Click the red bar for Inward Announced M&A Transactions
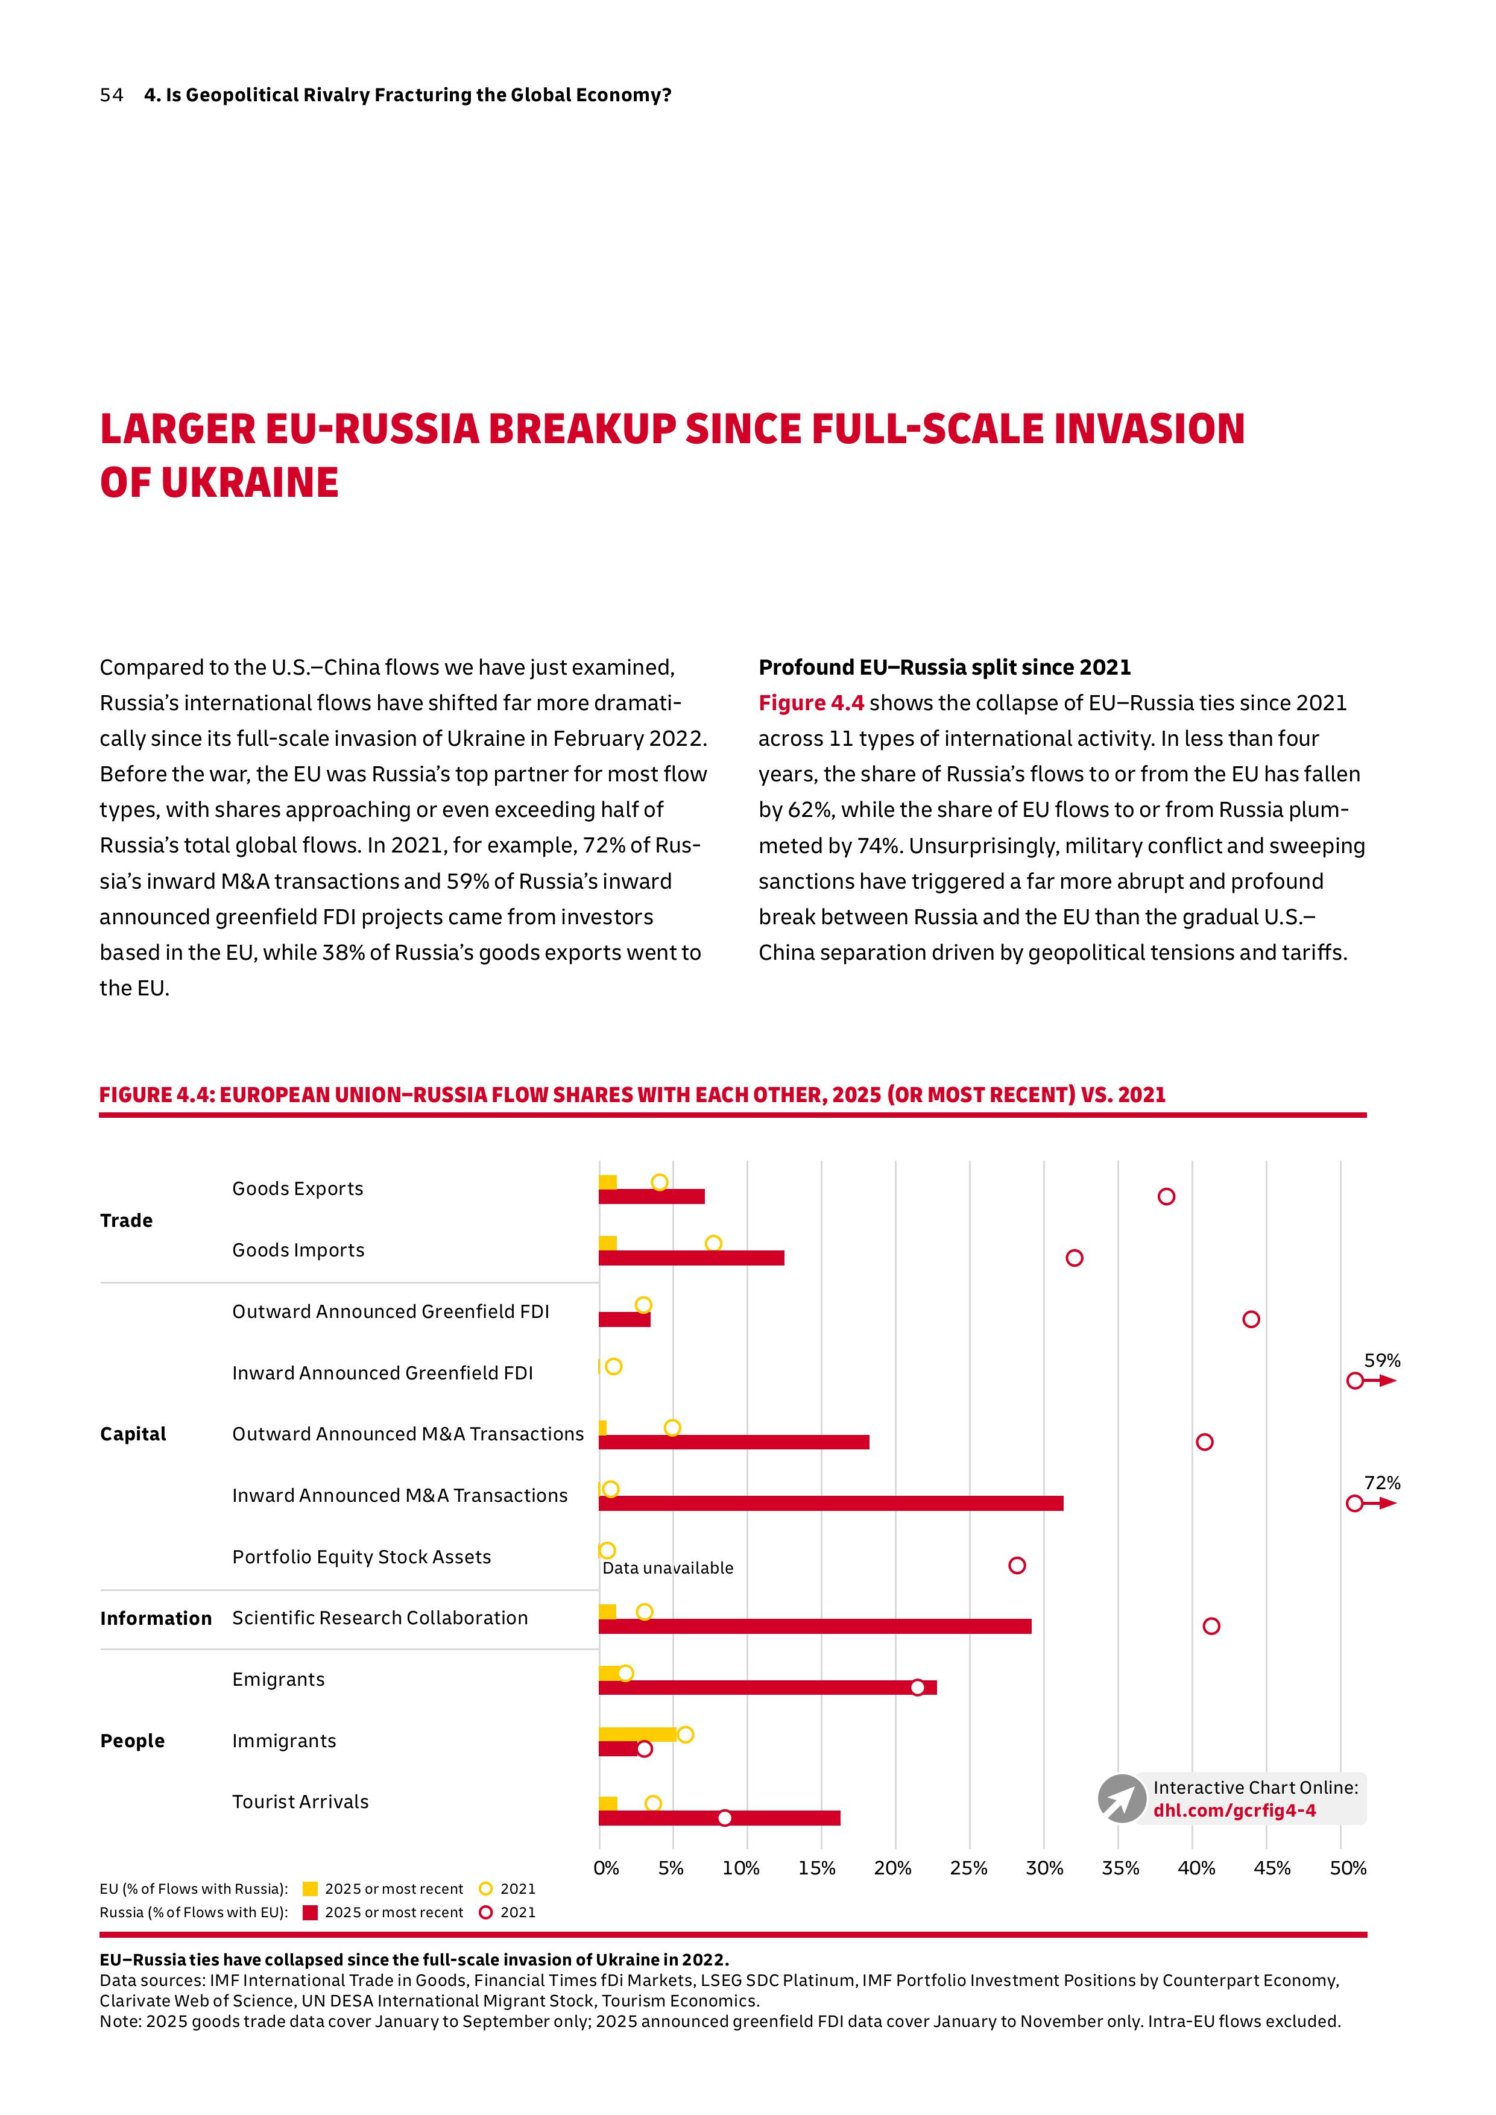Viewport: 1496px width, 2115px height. (x=831, y=1503)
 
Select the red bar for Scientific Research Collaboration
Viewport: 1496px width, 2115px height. (x=815, y=1626)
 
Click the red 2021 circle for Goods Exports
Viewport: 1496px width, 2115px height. (x=1166, y=1197)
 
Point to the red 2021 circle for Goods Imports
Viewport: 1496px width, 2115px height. (x=1074, y=1258)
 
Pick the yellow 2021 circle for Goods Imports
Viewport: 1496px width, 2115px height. (x=713, y=1244)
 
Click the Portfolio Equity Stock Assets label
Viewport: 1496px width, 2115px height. (x=361, y=1557)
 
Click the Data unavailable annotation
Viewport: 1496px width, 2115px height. (x=668, y=1568)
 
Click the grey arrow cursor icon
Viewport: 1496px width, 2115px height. (x=1121, y=1798)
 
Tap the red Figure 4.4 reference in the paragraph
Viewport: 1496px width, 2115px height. (x=810, y=703)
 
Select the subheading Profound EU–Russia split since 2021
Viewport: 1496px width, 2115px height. (x=944, y=667)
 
